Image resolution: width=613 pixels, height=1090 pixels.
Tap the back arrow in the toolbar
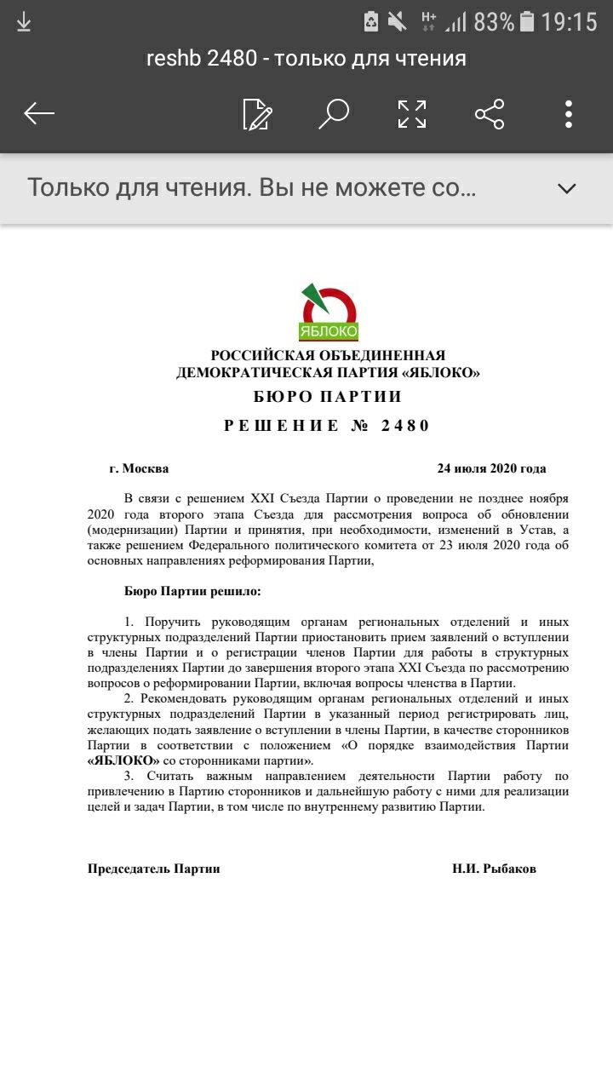click(x=39, y=113)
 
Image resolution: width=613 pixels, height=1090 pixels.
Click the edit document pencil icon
click(x=257, y=114)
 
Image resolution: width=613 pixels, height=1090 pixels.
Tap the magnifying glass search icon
click(x=334, y=113)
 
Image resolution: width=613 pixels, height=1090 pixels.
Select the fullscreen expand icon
click(x=412, y=114)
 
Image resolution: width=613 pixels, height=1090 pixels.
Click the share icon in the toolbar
click(x=490, y=114)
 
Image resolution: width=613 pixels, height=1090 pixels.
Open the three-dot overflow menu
click(x=568, y=114)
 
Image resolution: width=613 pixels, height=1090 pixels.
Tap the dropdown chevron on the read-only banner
click(x=567, y=188)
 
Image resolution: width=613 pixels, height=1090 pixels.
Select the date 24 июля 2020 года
click(x=491, y=468)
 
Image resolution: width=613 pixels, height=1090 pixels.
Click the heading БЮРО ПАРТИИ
click(x=328, y=397)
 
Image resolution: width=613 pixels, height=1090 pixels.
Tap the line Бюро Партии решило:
click(x=192, y=590)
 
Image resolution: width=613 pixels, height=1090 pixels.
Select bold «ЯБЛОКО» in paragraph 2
click(x=124, y=760)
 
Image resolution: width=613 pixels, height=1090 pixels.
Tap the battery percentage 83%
click(x=494, y=22)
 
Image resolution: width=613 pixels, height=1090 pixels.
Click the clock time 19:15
click(x=569, y=22)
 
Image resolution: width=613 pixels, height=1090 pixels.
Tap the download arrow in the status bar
click(x=24, y=22)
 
